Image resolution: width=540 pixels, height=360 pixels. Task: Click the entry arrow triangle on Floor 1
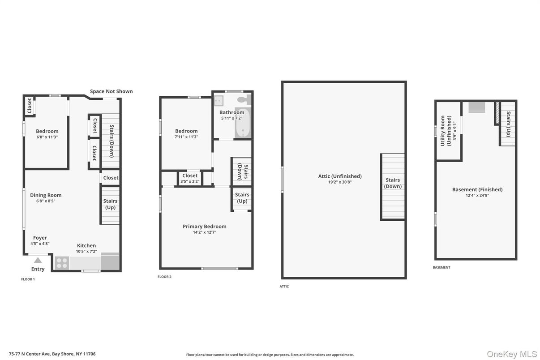tap(38, 260)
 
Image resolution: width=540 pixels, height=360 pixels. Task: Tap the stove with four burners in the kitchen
tap(62, 263)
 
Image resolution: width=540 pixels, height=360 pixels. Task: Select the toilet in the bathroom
tap(244, 99)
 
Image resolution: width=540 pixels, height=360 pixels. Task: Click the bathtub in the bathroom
tap(243, 123)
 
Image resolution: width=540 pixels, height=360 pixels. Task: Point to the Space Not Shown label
tap(111, 91)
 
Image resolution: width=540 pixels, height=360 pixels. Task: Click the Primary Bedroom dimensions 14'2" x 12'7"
tap(205, 232)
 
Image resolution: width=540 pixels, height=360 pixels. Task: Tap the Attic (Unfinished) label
tap(340, 176)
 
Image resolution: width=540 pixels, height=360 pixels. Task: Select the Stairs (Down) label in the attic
tap(393, 183)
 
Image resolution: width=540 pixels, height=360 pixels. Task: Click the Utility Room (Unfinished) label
tap(446, 131)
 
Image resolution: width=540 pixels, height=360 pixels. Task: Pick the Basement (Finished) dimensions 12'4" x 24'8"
tap(477, 195)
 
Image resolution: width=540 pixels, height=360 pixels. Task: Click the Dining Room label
tap(46, 195)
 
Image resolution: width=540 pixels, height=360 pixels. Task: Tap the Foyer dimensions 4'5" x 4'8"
tap(40, 244)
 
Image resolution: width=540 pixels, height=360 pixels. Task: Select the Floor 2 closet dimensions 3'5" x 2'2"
tap(190, 181)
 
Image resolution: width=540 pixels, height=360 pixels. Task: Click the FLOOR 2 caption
tap(164, 277)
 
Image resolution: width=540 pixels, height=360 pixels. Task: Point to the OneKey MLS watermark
tap(512, 354)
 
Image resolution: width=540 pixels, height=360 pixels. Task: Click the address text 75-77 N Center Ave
tap(30, 354)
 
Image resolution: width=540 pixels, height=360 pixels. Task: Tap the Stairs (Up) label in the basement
tap(508, 124)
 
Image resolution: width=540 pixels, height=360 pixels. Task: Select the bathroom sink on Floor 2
tap(219, 101)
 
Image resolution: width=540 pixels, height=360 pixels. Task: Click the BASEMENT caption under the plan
tap(441, 267)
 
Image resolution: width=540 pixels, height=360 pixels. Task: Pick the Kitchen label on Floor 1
tap(86, 245)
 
